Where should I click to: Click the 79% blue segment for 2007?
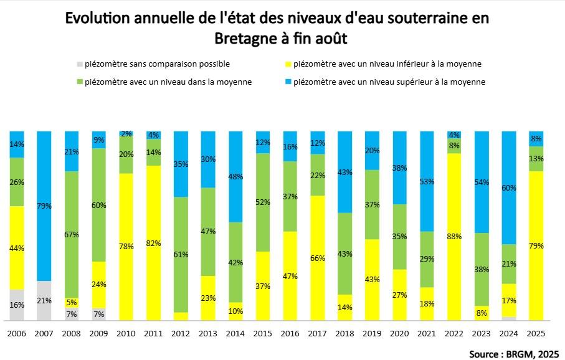[x=44, y=206]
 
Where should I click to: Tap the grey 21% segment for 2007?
[x=44, y=301]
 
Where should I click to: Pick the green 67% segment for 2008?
[x=72, y=234]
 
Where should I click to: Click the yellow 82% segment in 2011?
[x=154, y=242]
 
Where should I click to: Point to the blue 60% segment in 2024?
[x=509, y=187]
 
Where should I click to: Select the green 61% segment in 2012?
[x=181, y=254]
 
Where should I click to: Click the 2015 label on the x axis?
[x=263, y=334]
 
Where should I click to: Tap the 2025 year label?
[x=536, y=334]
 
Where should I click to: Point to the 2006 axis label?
[x=17, y=334]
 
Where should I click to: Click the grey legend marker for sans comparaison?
[x=79, y=64]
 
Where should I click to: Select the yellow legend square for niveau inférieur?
[x=288, y=64]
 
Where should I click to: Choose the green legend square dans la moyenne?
[x=79, y=82]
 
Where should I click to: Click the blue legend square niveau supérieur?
[x=288, y=82]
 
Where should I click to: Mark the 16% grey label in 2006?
[x=17, y=305]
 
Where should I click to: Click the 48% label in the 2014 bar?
[x=236, y=176]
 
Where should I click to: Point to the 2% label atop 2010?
[x=126, y=134]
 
